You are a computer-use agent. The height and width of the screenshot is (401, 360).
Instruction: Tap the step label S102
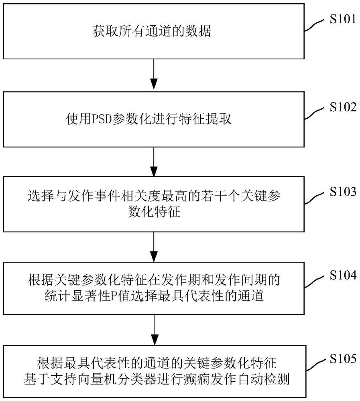343,107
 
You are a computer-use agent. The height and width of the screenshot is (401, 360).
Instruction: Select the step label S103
343,191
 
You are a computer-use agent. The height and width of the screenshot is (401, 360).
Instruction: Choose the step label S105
343,359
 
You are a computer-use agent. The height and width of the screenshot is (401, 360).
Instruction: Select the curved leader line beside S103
315,198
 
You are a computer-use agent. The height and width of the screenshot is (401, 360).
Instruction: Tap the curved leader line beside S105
315,365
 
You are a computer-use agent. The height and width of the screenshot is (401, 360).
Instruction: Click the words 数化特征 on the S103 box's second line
154,213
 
